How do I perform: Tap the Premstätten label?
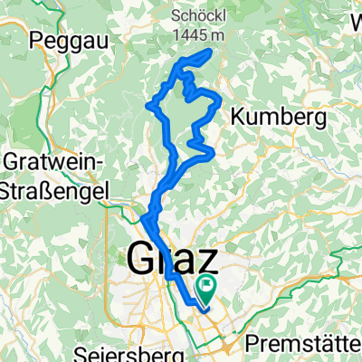[x=309, y=345]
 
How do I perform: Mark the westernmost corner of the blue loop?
[x=148, y=106]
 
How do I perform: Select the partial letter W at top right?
[x=355, y=15]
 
